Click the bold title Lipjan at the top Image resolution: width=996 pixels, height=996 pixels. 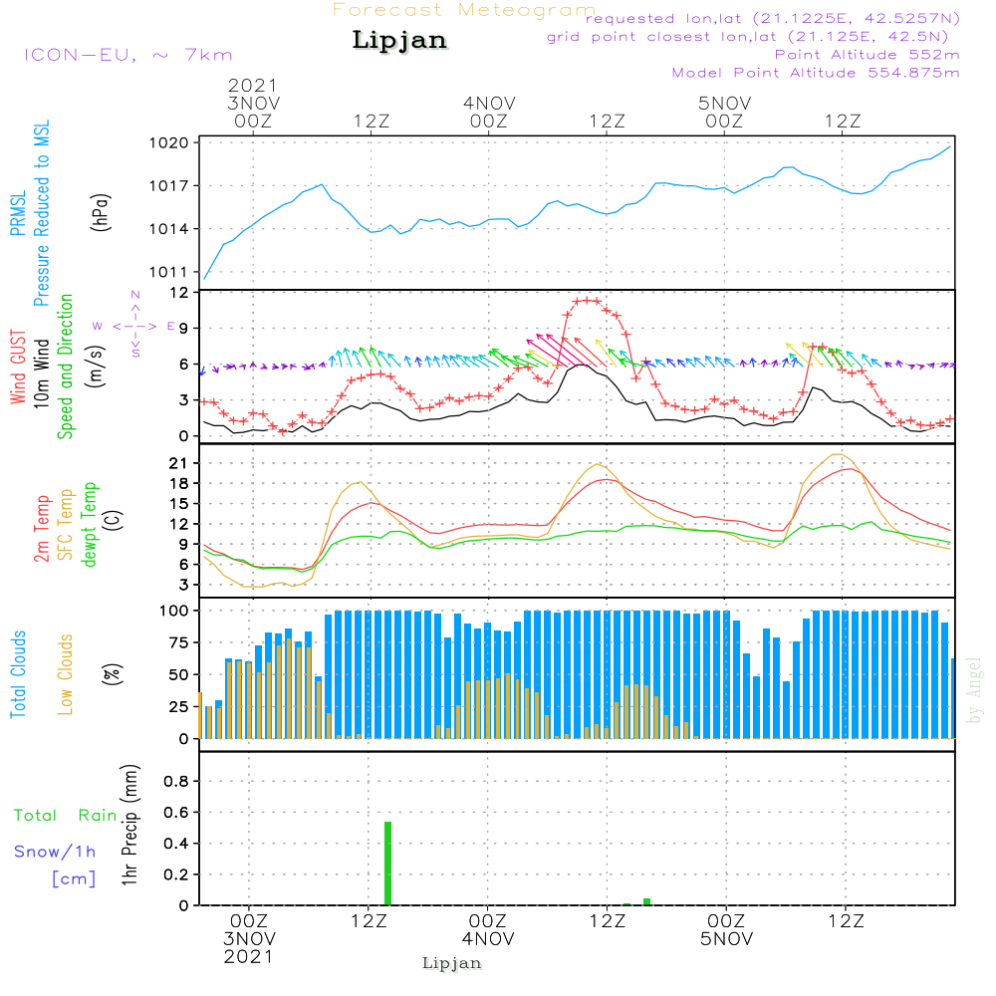point(399,41)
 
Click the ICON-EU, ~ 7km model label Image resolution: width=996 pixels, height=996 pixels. point(127,55)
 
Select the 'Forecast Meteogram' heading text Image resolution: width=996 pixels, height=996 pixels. point(464,10)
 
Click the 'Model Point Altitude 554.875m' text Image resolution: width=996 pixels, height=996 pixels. point(816,73)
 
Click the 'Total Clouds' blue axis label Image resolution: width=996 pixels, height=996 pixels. point(18,673)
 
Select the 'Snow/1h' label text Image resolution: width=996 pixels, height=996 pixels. point(56,852)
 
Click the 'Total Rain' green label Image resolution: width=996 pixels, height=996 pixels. point(65,816)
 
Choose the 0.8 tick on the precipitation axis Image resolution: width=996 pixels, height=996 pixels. point(175,782)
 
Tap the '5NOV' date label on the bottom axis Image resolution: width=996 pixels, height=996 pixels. point(724,938)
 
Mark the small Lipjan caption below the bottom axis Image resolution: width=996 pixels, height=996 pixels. point(451,963)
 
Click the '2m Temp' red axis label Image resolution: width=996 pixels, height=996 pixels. point(42,528)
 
